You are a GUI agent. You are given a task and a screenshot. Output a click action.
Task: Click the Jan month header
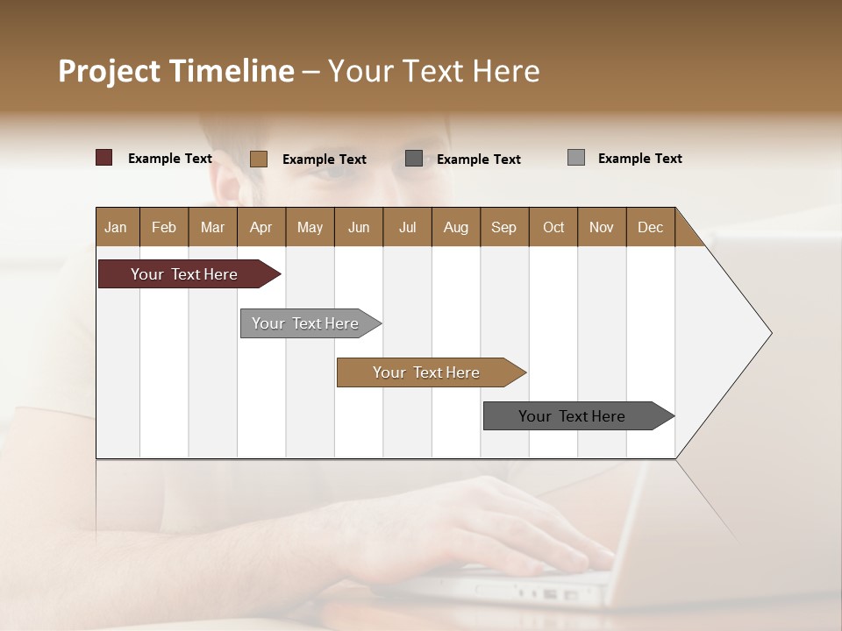116,227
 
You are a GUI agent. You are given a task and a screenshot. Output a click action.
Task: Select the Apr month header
260,227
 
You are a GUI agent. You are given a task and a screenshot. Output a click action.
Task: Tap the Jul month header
407,227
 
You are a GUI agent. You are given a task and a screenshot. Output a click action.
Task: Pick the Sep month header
503,227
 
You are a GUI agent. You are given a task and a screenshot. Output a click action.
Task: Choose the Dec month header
650,227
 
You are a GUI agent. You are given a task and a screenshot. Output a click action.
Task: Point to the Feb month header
164,227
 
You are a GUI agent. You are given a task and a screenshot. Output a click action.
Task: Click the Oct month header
553,227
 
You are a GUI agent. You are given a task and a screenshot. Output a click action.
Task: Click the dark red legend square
104,158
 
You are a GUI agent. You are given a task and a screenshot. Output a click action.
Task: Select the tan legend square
259,159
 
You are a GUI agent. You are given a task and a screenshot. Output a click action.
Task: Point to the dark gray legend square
414,159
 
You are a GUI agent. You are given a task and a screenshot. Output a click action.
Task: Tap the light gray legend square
576,158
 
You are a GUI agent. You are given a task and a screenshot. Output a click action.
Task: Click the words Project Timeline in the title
176,71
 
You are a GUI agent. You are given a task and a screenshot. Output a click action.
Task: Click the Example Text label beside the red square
170,159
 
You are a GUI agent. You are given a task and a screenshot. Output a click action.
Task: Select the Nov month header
602,227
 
